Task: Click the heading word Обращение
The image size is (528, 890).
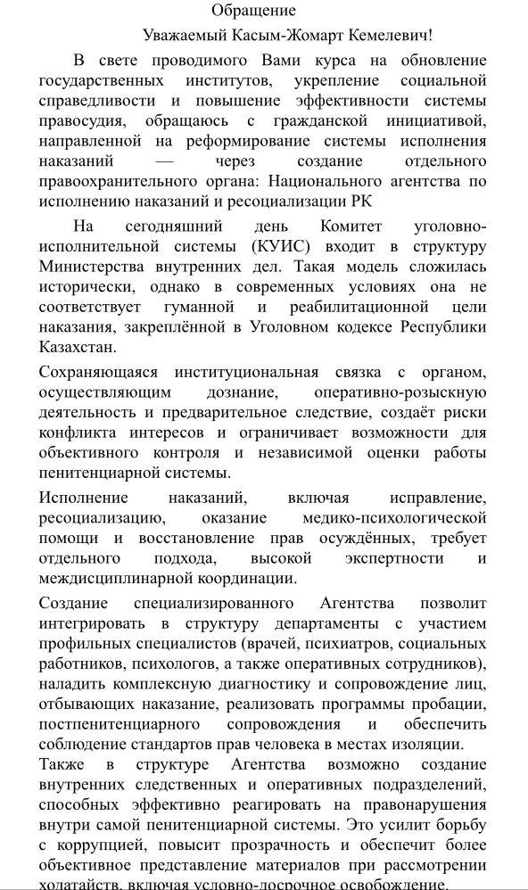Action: coord(253,11)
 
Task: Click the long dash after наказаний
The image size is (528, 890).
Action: coord(164,161)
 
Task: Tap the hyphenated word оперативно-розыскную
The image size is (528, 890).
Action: coord(400,392)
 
